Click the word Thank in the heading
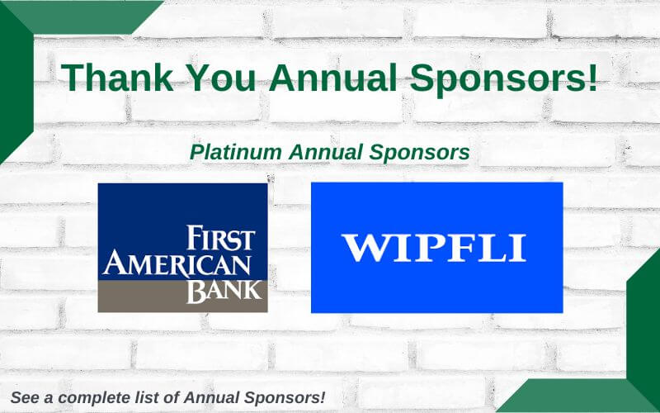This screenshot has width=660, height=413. [117, 77]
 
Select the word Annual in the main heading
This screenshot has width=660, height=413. [332, 77]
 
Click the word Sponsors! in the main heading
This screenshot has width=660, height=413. [503, 80]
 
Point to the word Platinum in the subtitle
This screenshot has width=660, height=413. [236, 152]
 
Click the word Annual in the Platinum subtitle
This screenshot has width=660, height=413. [325, 152]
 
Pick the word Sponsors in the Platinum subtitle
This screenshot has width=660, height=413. [419, 154]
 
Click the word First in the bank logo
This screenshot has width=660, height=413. [220, 238]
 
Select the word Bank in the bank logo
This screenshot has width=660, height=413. [224, 292]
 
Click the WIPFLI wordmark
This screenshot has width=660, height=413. [434, 248]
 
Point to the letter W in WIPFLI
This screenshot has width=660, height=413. [368, 248]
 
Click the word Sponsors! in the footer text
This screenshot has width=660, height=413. [285, 398]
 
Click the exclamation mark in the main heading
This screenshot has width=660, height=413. [593, 77]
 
